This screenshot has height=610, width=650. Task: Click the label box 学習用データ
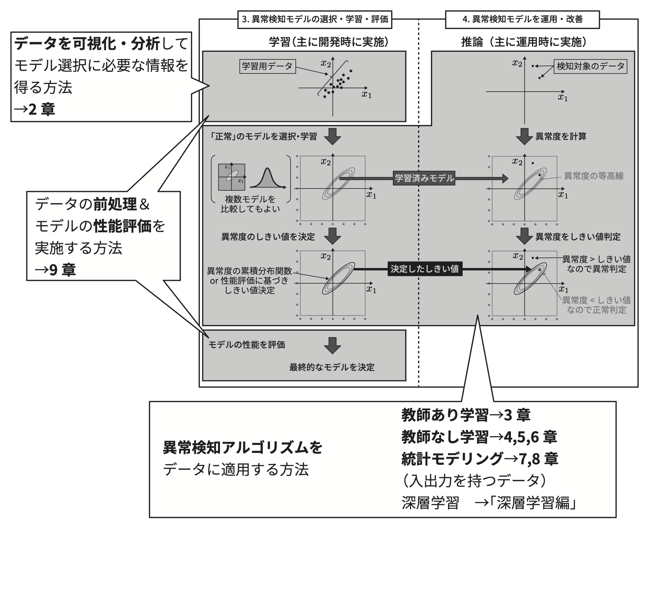click(267, 66)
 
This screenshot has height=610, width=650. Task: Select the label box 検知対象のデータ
click(590, 66)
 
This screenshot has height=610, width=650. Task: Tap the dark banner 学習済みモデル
click(424, 178)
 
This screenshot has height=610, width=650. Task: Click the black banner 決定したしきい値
click(425, 269)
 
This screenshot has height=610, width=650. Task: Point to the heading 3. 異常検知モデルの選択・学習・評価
click(314, 19)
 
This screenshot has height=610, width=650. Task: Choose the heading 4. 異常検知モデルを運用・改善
click(522, 19)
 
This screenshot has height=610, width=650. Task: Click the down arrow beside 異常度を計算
click(524, 137)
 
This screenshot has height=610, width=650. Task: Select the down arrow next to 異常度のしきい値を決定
click(333, 236)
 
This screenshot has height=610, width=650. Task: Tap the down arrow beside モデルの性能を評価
click(333, 345)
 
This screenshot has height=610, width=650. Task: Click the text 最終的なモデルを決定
click(331, 367)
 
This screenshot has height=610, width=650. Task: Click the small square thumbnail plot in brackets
click(232, 177)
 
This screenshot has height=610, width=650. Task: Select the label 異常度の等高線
click(593, 176)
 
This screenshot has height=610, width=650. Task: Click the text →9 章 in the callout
click(55, 270)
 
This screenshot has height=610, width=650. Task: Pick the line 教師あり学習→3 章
click(466, 415)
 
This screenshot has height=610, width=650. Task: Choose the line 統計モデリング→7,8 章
click(479, 459)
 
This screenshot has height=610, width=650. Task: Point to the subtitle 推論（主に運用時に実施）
click(524, 42)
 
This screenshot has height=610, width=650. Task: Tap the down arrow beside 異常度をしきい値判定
click(524, 236)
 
